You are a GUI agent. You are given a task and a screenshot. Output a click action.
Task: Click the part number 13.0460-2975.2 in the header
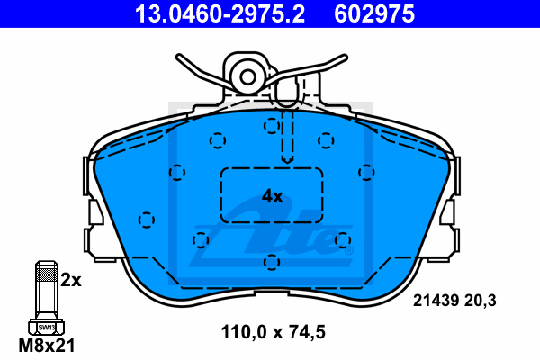click(220, 14)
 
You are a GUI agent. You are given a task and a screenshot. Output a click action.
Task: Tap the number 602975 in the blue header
click(374, 14)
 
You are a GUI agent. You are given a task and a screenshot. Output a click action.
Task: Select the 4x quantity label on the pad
click(273, 196)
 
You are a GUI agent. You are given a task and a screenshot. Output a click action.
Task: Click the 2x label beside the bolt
click(71, 281)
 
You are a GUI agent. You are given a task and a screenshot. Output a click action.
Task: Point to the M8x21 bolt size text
click(47, 346)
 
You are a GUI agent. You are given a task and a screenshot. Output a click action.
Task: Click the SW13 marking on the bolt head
click(47, 328)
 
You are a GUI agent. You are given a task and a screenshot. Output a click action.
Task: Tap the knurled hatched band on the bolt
click(47, 274)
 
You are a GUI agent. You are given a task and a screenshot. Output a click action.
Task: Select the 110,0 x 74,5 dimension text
click(273, 332)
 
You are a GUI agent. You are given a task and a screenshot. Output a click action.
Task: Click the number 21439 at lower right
click(436, 301)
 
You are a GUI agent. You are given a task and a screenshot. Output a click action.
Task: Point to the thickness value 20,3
click(481, 301)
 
